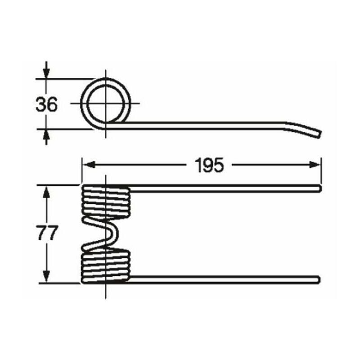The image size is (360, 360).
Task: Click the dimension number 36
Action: (x=46, y=104)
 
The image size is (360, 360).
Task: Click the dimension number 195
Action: (x=209, y=165)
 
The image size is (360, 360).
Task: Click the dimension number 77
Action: (x=47, y=233)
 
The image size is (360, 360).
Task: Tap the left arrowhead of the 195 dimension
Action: (x=89, y=165)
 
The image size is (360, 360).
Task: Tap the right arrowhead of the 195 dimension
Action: (x=315, y=165)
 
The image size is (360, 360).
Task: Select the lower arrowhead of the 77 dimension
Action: (x=46, y=275)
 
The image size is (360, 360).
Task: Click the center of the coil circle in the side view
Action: (x=106, y=103)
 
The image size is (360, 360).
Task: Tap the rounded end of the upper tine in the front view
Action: (x=319, y=188)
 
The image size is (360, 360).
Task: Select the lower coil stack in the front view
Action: (x=106, y=266)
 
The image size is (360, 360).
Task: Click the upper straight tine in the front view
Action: (x=225, y=188)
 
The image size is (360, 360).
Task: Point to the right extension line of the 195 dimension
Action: (x=321, y=171)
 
